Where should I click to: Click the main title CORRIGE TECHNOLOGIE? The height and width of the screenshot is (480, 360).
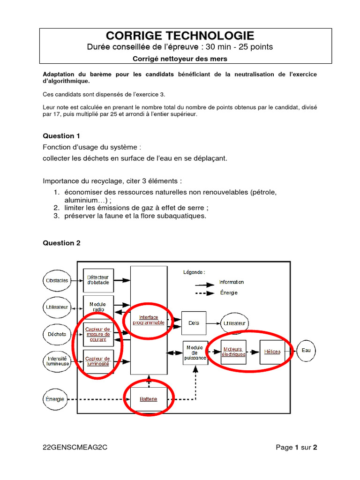[180, 36]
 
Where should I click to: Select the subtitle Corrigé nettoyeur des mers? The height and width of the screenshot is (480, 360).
[180, 59]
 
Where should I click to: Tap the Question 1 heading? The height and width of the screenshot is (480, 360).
[61, 136]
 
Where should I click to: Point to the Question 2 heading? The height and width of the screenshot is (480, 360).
[61, 243]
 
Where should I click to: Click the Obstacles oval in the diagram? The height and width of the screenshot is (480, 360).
[56, 280]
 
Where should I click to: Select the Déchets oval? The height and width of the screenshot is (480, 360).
[56, 334]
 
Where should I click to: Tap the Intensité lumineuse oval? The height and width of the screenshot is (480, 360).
[57, 360]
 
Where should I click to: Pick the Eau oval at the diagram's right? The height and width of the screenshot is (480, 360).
[306, 350]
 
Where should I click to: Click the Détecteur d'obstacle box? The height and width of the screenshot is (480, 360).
[98, 280]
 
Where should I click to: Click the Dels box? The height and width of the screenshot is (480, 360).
[194, 322]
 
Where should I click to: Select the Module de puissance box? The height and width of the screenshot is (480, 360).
[195, 353]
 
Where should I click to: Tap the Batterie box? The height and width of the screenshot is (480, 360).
[148, 399]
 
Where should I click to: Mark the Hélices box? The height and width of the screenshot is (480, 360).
[272, 352]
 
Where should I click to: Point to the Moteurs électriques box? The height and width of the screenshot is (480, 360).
[233, 352]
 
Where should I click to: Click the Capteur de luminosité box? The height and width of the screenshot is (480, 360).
[98, 361]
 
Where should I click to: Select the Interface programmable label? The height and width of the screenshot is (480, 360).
[148, 320]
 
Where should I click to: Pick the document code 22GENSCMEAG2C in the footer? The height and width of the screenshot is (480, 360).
[75, 447]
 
